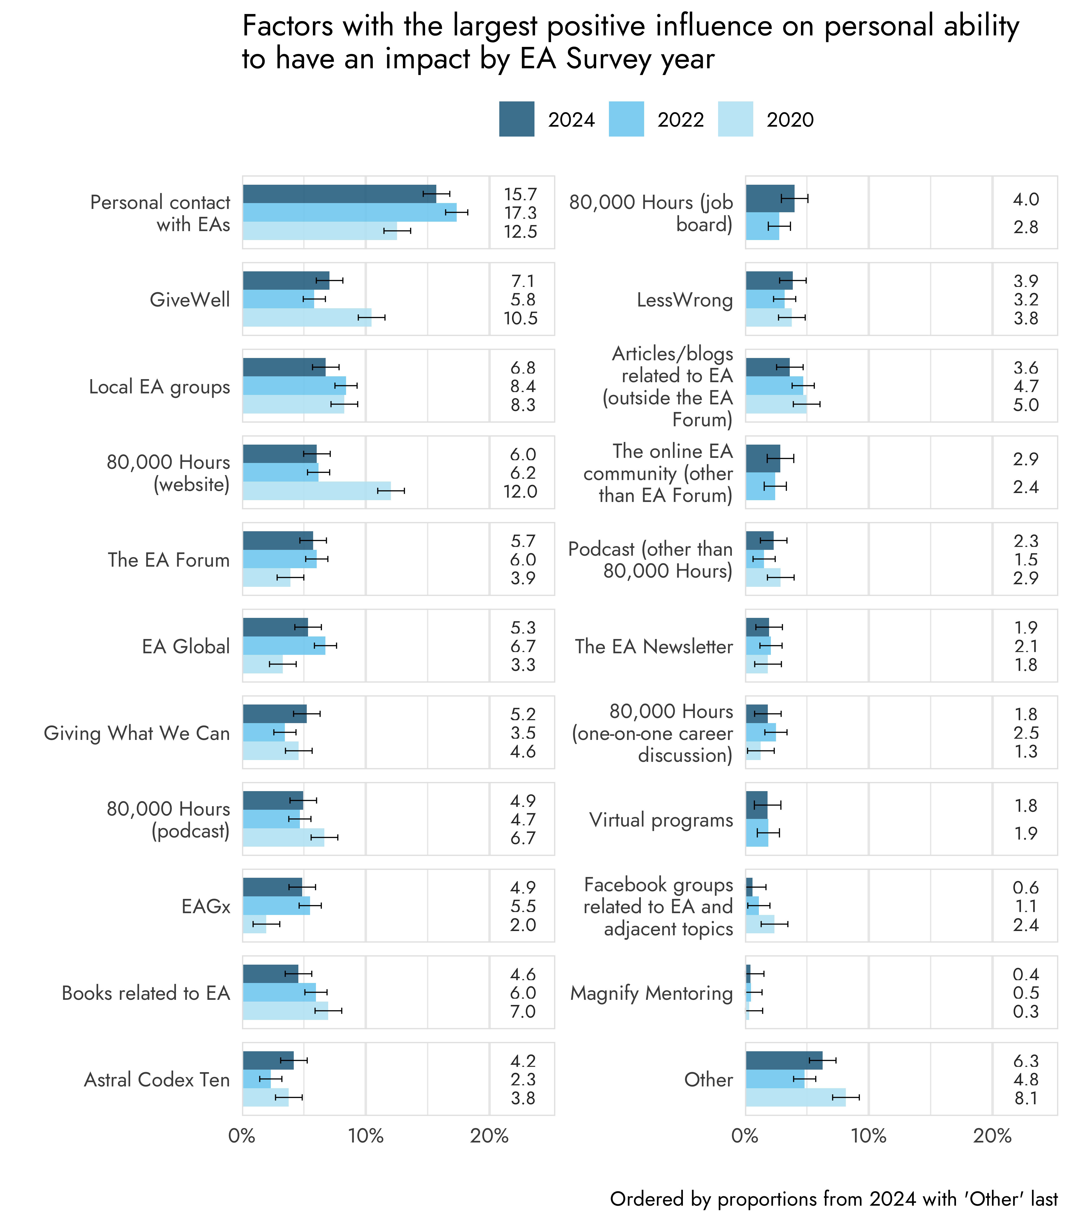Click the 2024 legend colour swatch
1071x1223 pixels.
(x=516, y=119)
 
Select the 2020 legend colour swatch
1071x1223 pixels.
(x=735, y=119)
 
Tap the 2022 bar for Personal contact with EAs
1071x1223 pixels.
(x=350, y=212)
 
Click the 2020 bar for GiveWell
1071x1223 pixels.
(x=307, y=318)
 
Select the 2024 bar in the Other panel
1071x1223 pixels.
(x=784, y=1060)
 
